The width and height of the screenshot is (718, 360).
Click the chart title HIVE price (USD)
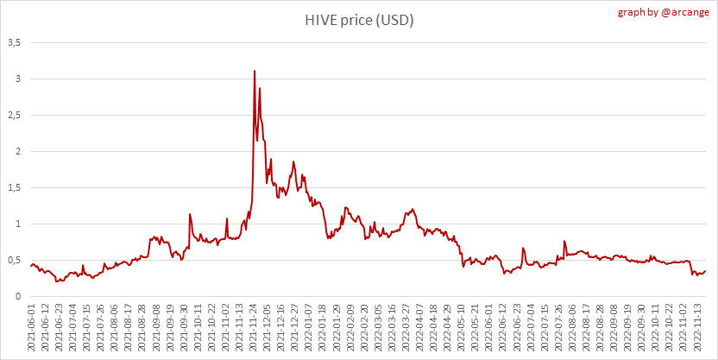pyautogui.click(x=358, y=20)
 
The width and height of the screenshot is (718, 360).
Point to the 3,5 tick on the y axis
pyautogui.click(x=15, y=42)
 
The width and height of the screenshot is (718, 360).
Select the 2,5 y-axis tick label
pyautogui.click(x=15, y=115)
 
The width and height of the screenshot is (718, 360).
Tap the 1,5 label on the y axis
pyautogui.click(x=15, y=187)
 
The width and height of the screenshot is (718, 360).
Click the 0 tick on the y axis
pyautogui.click(x=18, y=296)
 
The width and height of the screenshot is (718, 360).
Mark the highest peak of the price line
pyautogui.click(x=255, y=71)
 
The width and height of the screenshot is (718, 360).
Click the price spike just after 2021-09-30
pyautogui.click(x=190, y=214)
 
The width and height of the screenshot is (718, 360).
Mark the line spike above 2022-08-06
pyautogui.click(x=564, y=241)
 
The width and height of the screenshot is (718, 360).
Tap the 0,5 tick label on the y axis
pyautogui.click(x=15, y=260)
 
